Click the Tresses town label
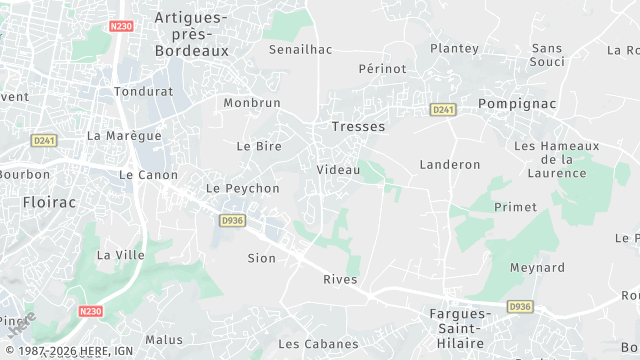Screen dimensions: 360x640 point(358,127)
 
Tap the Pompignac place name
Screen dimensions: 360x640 point(516,103)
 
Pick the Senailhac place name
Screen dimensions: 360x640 point(300,48)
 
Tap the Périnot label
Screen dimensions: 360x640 point(382,69)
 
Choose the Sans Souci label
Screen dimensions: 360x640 point(547,55)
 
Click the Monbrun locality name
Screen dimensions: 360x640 point(252,102)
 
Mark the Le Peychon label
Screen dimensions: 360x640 point(242,188)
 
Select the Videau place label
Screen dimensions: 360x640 point(338,170)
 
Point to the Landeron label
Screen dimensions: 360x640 point(450,164)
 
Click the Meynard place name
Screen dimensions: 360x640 point(537,268)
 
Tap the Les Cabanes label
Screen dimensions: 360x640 point(318,344)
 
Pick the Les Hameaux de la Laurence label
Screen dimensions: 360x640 point(556,159)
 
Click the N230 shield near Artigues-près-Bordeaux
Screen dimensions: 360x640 point(122,26)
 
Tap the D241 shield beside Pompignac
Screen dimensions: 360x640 point(443,109)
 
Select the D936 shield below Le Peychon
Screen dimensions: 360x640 point(232,220)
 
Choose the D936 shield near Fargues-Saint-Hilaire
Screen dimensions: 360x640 point(519,306)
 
